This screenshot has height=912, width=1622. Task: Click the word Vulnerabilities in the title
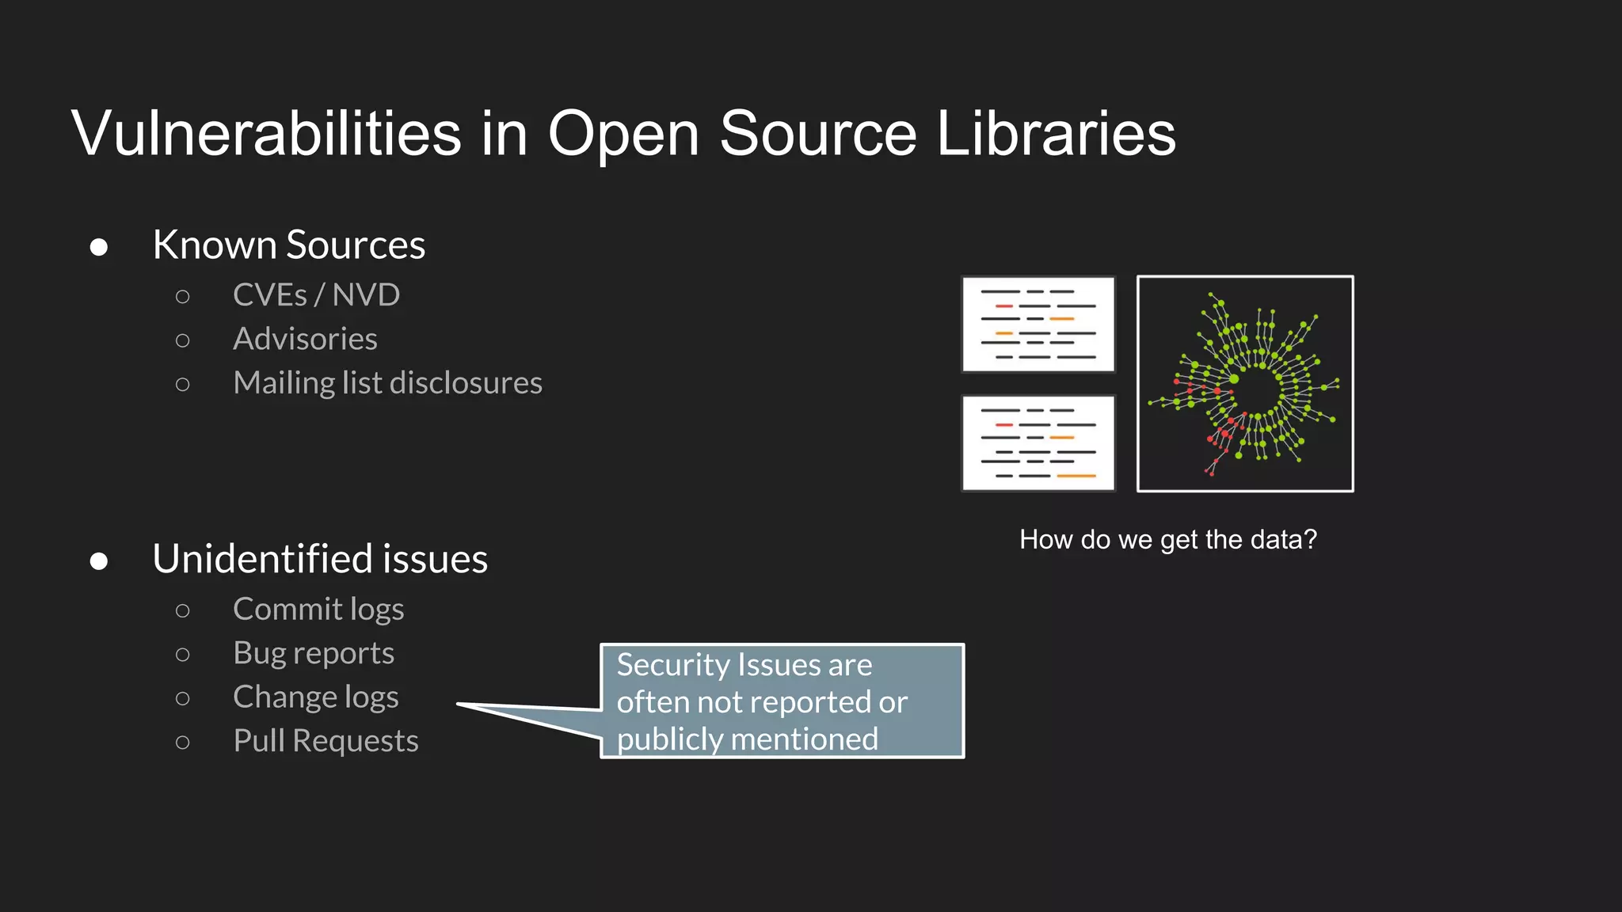click(266, 133)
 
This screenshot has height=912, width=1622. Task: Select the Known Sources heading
click(288, 245)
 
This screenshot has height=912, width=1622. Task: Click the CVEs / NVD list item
click(316, 295)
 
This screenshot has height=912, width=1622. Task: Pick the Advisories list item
click(305, 339)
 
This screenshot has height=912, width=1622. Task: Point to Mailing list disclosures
click(387, 383)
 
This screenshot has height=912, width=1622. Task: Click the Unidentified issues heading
click(320, 559)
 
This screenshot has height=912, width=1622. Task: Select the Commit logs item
click(318, 610)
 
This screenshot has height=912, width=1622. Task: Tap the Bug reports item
click(314, 653)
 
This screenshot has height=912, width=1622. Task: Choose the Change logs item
click(315, 697)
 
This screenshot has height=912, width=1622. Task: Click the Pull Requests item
click(326, 741)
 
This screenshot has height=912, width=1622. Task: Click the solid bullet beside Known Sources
click(99, 247)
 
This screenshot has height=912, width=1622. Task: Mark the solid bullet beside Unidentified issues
click(99, 561)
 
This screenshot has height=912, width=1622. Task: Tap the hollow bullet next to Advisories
click(183, 340)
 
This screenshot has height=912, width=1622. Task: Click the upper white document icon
click(1038, 324)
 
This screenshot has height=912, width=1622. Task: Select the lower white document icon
click(1038, 443)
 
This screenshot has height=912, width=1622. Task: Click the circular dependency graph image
click(1245, 384)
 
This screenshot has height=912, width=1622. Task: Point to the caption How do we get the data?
click(1168, 540)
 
